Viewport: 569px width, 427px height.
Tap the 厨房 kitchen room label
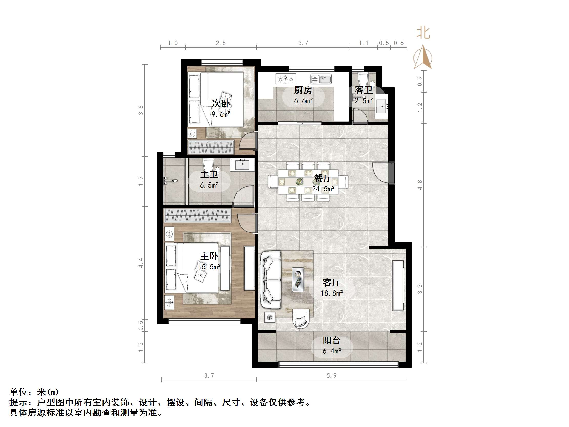click(x=303, y=90)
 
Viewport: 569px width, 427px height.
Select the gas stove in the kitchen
click(x=286, y=78)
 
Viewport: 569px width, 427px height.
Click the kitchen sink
click(x=321, y=79)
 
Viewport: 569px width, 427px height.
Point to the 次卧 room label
click(x=221, y=104)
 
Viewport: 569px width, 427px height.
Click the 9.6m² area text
click(x=221, y=114)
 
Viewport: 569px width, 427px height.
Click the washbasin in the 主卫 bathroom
click(x=242, y=165)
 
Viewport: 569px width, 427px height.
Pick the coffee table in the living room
click(x=298, y=280)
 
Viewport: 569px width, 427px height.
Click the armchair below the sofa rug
click(x=301, y=319)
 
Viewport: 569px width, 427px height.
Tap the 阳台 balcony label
click(x=332, y=341)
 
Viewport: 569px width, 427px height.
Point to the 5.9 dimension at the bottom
click(x=331, y=376)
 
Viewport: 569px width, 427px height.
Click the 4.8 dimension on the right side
click(x=420, y=185)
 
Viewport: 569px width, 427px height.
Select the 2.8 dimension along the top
click(x=221, y=43)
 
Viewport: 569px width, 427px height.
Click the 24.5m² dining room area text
click(x=323, y=189)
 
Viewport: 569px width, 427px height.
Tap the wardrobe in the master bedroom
click(x=197, y=215)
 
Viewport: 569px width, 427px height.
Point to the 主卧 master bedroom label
click(x=209, y=256)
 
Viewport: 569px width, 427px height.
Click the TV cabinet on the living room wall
click(x=398, y=286)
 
